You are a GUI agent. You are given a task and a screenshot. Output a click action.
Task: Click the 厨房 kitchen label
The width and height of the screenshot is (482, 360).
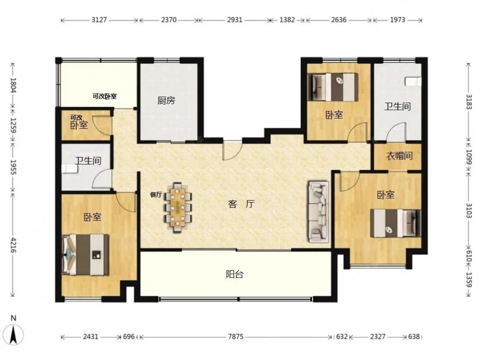point(166,101)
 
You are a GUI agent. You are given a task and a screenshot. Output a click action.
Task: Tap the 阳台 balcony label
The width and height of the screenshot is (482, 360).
point(235,274)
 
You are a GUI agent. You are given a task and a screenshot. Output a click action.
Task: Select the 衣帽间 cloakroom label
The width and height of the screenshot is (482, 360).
point(399,156)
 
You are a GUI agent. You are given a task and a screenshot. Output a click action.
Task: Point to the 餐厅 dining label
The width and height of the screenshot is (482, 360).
point(156,195)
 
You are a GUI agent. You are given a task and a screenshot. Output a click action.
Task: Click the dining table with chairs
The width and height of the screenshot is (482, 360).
point(178,208)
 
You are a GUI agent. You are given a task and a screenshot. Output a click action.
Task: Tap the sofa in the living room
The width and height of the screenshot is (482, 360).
point(319,212)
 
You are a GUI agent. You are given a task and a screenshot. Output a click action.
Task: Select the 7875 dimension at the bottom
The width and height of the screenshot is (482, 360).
point(236,337)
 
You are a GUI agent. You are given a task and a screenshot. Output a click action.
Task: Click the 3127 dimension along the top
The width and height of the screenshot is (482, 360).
point(99,20)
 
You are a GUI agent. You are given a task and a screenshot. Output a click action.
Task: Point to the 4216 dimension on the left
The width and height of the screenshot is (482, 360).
point(13,244)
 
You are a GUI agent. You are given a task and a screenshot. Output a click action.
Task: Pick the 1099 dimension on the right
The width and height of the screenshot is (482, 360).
point(469,157)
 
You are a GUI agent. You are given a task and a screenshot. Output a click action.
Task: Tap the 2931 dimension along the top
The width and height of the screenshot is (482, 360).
point(235,20)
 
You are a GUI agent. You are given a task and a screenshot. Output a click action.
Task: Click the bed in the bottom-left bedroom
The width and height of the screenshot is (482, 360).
point(86,254)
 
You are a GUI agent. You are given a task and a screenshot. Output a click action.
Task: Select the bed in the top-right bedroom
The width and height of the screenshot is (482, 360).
point(335,87)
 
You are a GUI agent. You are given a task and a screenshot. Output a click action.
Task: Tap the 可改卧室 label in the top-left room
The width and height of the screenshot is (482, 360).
point(105,96)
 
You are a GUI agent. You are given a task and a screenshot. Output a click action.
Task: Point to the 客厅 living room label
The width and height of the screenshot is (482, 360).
point(241,204)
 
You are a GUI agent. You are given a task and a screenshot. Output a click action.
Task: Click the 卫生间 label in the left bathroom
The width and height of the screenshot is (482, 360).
point(88,160)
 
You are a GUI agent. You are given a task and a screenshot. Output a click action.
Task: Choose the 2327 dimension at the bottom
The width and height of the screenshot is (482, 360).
point(377,337)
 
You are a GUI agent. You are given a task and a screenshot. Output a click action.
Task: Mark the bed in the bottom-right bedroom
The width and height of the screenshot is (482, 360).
point(396,223)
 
